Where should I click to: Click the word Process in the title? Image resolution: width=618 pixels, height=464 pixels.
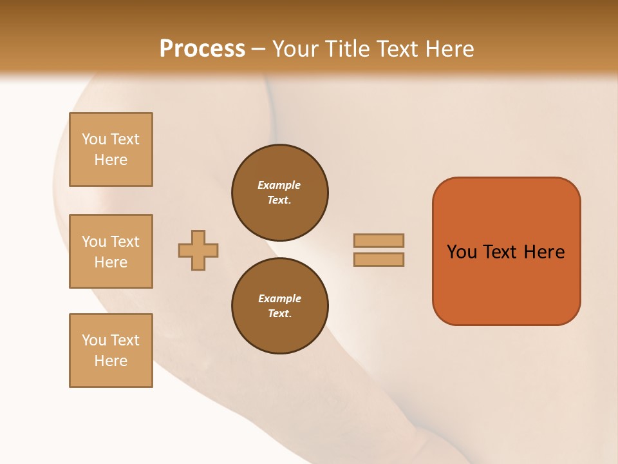pyautogui.click(x=202, y=49)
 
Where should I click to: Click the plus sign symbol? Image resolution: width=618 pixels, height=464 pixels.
pyautogui.click(x=198, y=250)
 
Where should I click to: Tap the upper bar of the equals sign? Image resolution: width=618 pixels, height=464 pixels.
pyautogui.click(x=379, y=240)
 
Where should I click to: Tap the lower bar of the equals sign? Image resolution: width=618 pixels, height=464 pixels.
pyautogui.click(x=379, y=259)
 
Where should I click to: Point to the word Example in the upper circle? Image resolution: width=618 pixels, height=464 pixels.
pyautogui.click(x=279, y=185)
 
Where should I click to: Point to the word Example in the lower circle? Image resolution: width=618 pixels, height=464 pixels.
pyautogui.click(x=279, y=298)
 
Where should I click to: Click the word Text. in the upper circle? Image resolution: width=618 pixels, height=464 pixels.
pyautogui.click(x=279, y=200)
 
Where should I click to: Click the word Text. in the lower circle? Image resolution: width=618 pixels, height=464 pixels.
pyautogui.click(x=279, y=313)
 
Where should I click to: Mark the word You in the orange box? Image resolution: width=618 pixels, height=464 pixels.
pyautogui.click(x=462, y=252)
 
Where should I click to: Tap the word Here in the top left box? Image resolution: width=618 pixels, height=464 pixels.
pyautogui.click(x=111, y=160)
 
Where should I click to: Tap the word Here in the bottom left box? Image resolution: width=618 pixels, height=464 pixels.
pyautogui.click(x=111, y=361)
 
